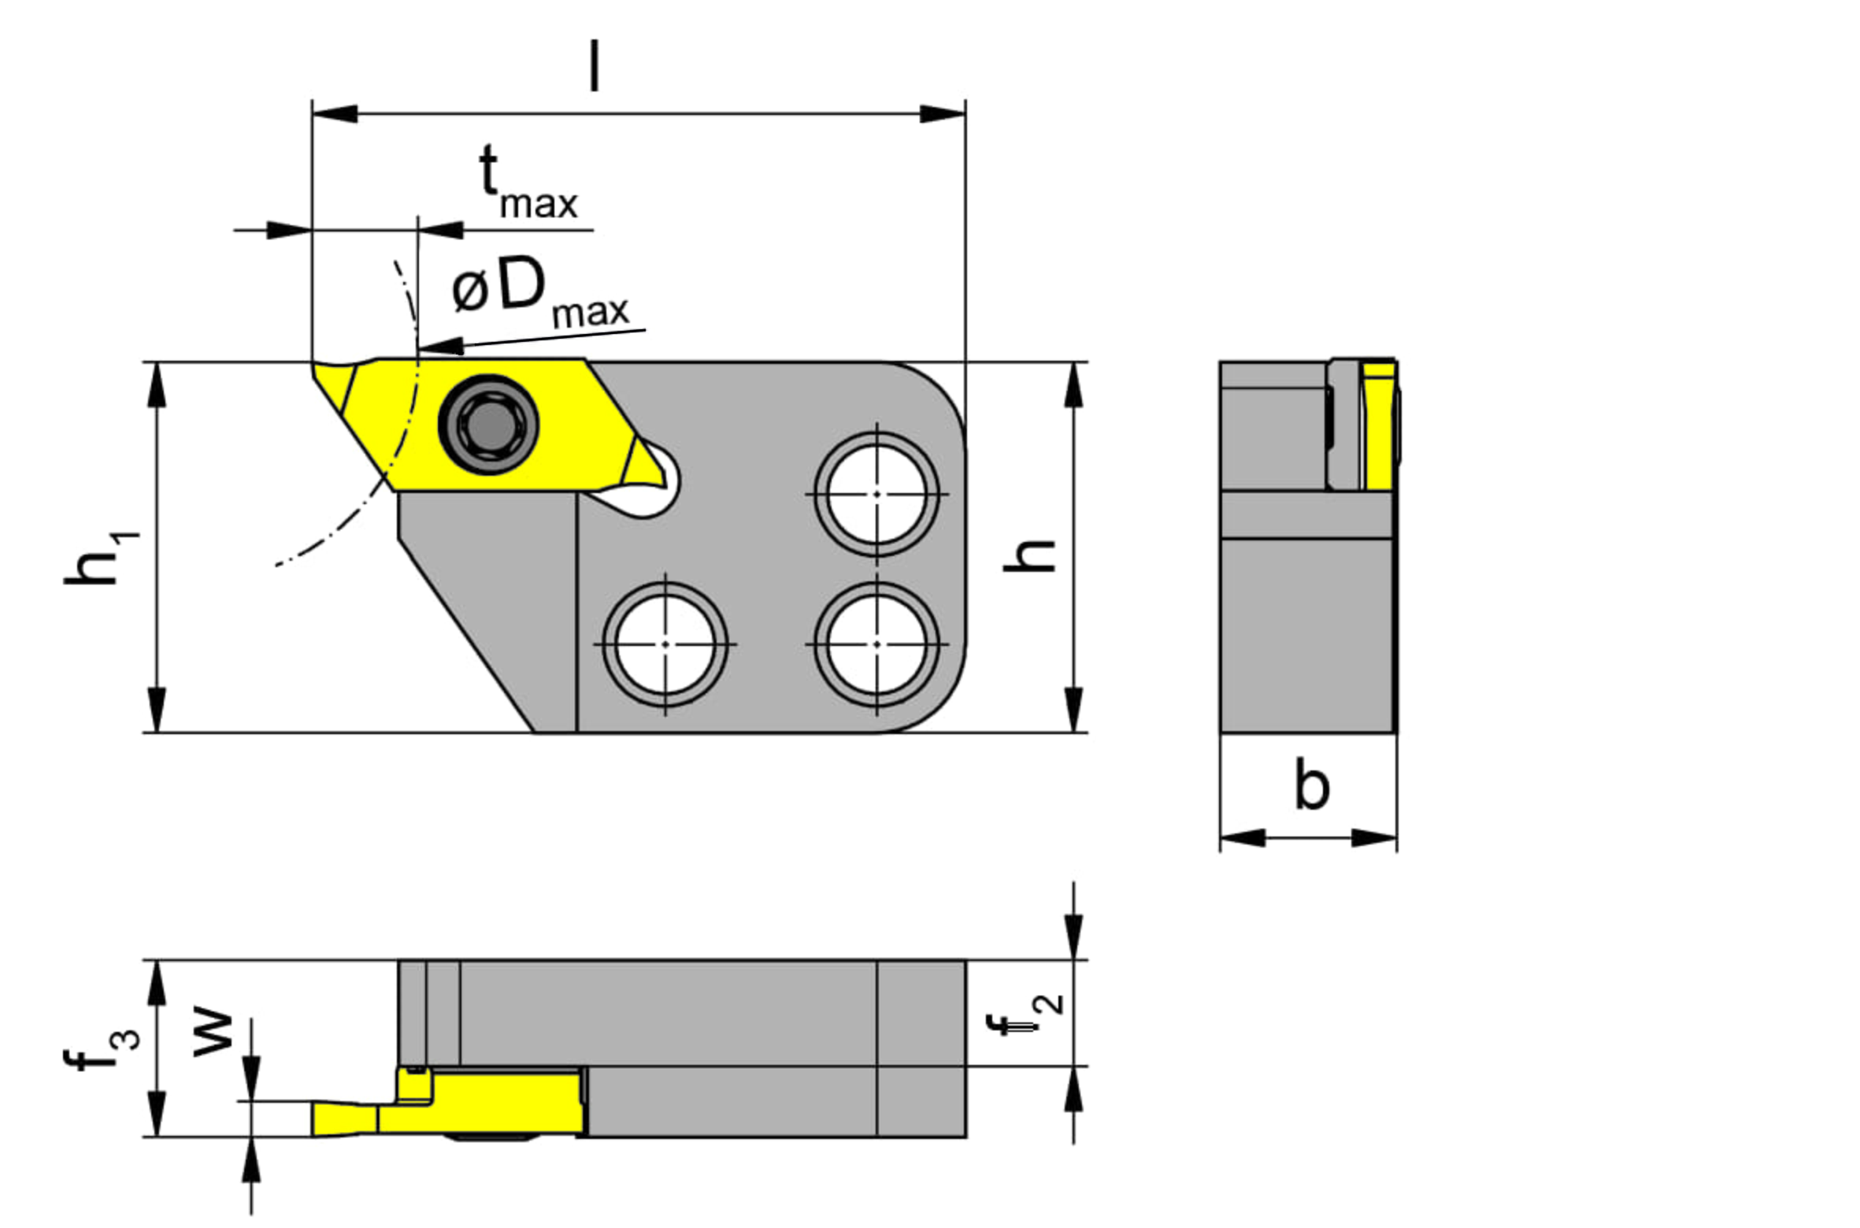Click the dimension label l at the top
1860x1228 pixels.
coord(595,67)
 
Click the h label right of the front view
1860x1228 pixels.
coord(1028,555)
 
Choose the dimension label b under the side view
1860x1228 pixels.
coord(1312,785)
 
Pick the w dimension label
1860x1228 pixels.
coord(213,1033)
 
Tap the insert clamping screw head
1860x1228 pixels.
coord(489,425)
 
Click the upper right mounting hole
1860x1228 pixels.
coord(877,494)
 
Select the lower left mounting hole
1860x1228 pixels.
coord(665,644)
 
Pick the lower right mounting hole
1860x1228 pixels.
coord(877,644)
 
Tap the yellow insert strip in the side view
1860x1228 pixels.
coord(1379,426)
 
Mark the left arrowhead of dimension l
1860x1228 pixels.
coord(335,113)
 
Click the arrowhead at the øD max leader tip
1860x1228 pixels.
coord(439,346)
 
